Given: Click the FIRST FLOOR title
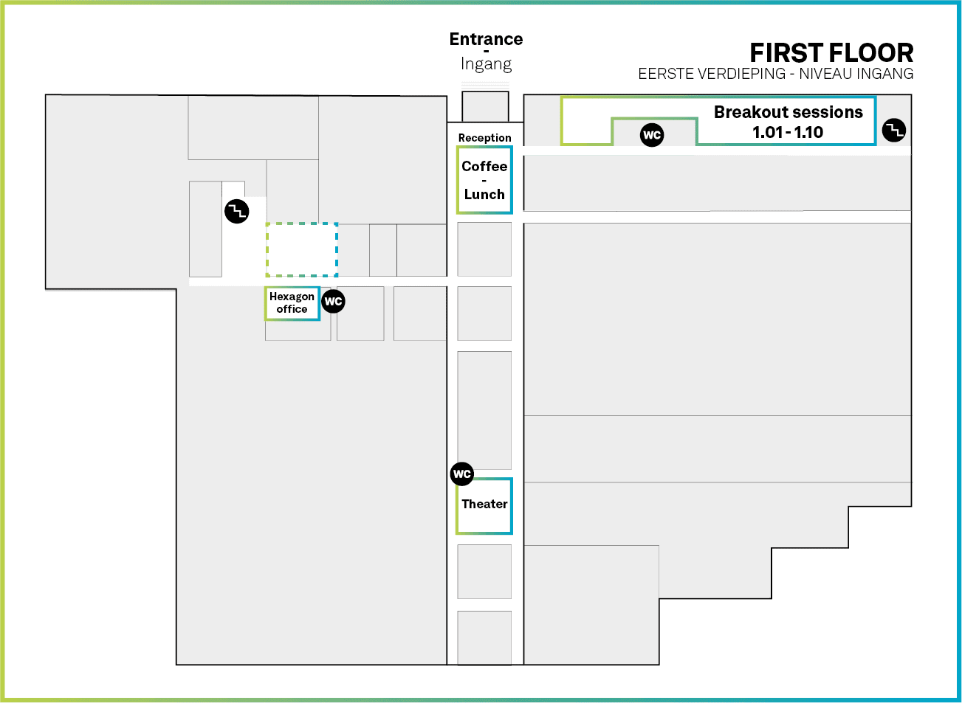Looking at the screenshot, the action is (x=831, y=53).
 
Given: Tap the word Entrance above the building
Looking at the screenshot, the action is (x=486, y=39).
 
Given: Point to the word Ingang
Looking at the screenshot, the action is (x=486, y=64).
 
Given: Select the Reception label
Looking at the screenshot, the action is (x=484, y=138).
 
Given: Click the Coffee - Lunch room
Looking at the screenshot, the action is (x=484, y=181).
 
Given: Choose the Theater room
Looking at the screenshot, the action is (x=484, y=505).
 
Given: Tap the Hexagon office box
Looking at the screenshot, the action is (x=292, y=303).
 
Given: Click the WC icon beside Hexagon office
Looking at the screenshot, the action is (x=334, y=301).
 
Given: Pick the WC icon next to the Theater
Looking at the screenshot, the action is (x=462, y=474).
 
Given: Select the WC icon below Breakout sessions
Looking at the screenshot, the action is (x=652, y=135).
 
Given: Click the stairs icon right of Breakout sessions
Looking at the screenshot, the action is (x=894, y=131).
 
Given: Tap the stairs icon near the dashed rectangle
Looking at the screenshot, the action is (x=237, y=212).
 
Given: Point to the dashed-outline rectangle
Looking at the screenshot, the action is (x=302, y=249).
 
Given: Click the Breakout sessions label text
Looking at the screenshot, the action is (x=788, y=112).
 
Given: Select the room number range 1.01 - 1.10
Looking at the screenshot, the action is (x=788, y=133).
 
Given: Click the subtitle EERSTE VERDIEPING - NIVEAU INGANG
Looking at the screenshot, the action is (x=775, y=74).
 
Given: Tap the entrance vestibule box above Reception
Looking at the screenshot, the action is (x=485, y=106).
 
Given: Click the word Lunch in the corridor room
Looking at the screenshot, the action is (x=484, y=195).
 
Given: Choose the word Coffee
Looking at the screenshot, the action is (x=484, y=167).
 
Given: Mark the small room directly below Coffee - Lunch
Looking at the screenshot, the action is (x=484, y=249).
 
